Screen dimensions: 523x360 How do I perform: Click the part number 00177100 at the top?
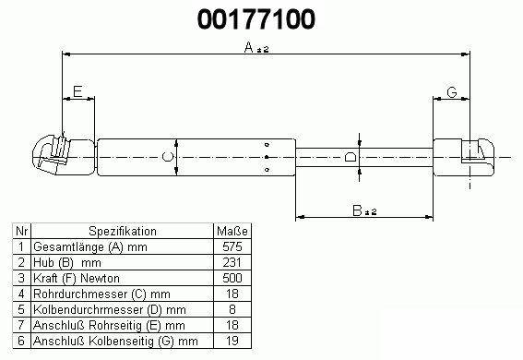256,19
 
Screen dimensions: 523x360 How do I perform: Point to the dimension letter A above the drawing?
249,47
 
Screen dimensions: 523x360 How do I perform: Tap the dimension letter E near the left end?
77,91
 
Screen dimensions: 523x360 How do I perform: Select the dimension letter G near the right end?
452,92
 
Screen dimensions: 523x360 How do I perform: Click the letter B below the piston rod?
357,210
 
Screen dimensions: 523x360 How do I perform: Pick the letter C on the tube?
168,157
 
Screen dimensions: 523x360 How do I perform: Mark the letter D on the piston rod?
351,157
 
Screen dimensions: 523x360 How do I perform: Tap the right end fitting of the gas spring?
464,157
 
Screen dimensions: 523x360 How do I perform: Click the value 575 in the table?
232,246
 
